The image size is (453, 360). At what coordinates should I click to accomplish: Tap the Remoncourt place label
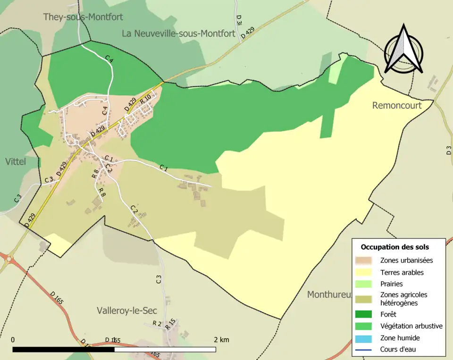(397, 105)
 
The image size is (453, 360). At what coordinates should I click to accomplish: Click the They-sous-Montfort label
(83, 17)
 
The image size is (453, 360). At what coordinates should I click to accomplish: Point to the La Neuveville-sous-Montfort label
(178, 33)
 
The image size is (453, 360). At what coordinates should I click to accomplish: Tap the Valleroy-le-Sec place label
(126, 310)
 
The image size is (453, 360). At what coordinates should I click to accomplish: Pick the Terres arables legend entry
(402, 272)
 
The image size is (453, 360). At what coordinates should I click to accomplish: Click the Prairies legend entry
(391, 284)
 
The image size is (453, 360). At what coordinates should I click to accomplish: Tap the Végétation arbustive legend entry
(411, 326)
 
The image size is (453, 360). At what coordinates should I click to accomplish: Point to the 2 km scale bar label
(221, 340)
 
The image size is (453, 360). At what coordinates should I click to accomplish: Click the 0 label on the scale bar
(13, 340)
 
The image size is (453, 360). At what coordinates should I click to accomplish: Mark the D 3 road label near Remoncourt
(448, 151)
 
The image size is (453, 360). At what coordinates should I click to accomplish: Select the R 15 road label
(170, 324)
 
